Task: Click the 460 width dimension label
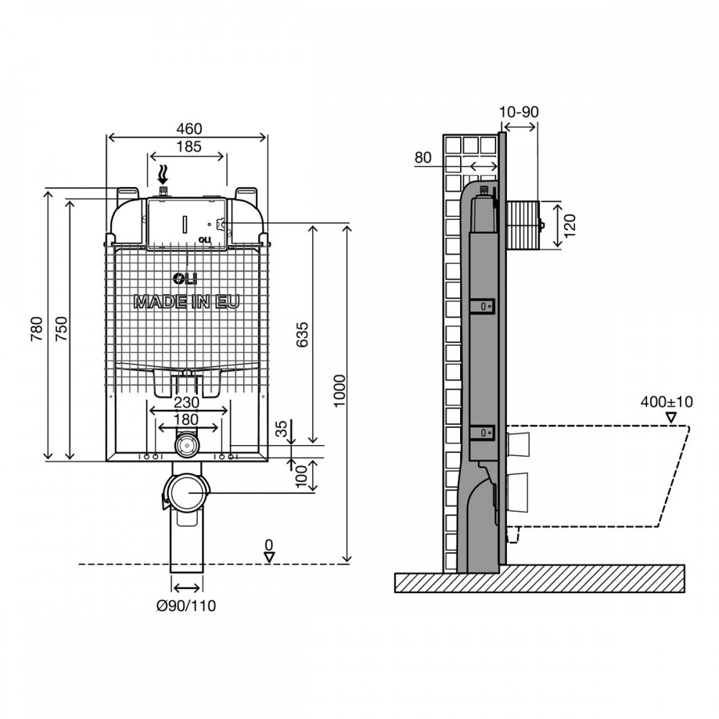click(189, 129)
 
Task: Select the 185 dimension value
click(189, 146)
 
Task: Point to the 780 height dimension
click(37, 329)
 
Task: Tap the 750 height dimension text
click(61, 329)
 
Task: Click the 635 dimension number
click(302, 335)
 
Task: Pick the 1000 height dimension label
click(339, 390)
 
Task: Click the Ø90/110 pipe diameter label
click(186, 605)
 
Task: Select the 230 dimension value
click(187, 402)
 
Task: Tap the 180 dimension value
click(186, 419)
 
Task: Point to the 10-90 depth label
click(518, 111)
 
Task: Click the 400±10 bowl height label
click(667, 402)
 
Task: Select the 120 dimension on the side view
click(569, 226)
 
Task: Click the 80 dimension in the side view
click(423, 157)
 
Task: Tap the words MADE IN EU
click(187, 302)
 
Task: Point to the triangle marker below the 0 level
click(269, 557)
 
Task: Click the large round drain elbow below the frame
click(186, 493)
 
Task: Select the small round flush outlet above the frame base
click(186, 444)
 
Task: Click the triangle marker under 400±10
click(672, 417)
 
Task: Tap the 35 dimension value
click(282, 429)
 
